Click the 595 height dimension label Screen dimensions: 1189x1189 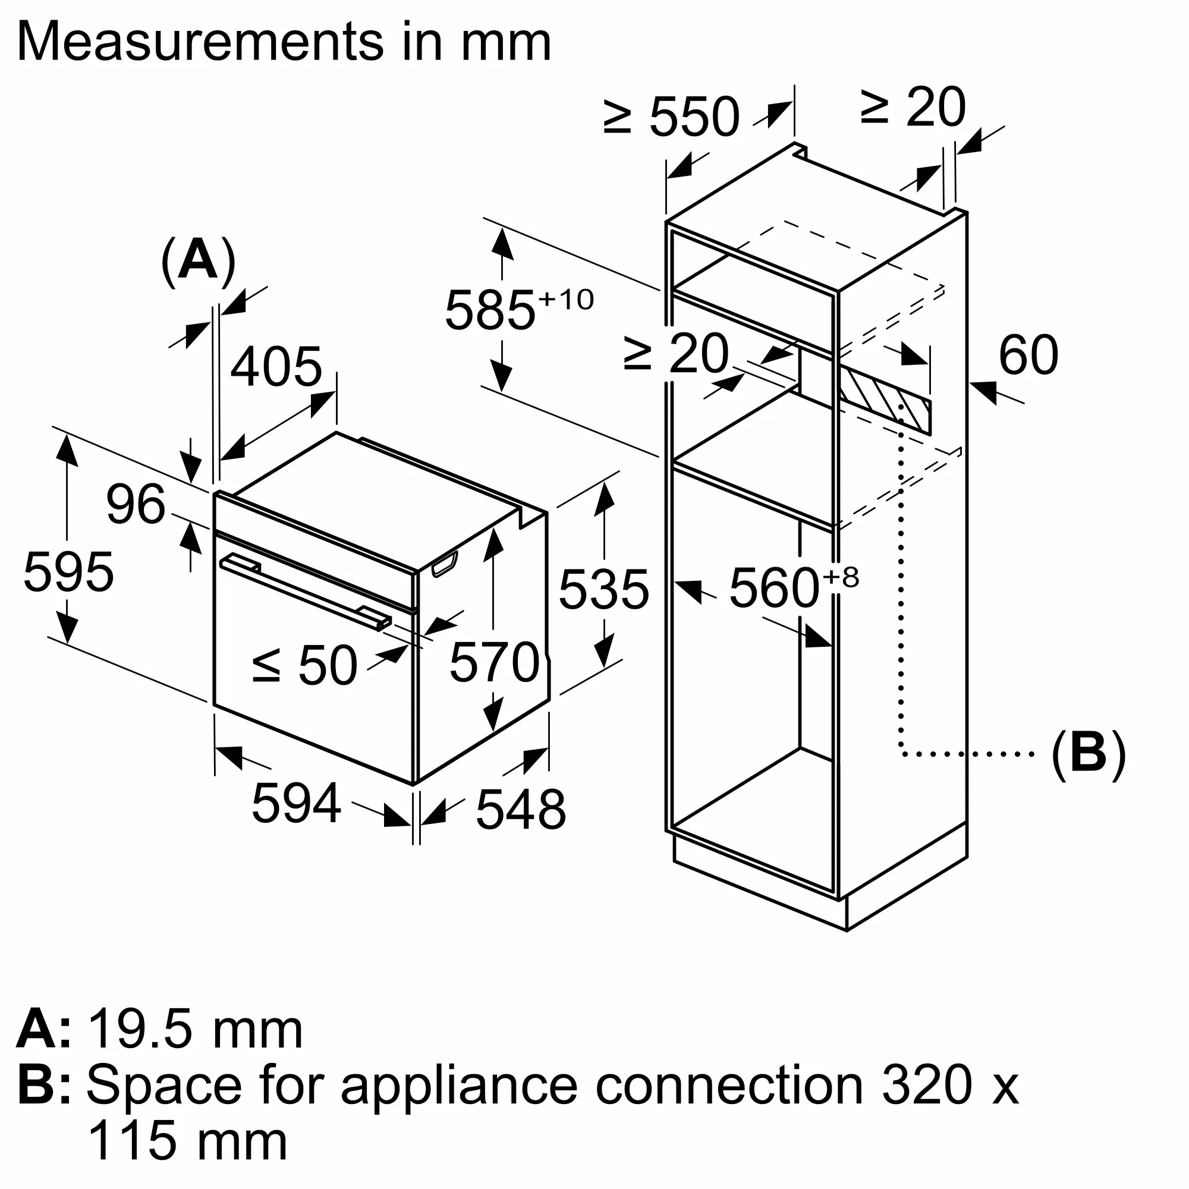pyautogui.click(x=68, y=573)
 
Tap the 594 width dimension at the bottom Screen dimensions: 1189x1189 pyautogui.click(x=296, y=803)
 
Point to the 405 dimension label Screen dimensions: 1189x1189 pyautogui.click(x=276, y=367)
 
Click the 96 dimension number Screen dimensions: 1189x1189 pyautogui.click(x=136, y=505)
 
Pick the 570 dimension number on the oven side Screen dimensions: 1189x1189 pyautogui.click(x=494, y=662)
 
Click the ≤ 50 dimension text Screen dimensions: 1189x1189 pyautogui.click(x=304, y=665)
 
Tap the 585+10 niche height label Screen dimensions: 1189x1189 pyautogui.click(x=517, y=310)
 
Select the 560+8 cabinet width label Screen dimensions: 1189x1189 pyautogui.click(x=792, y=588)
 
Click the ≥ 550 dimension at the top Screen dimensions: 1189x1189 pyautogui.click(x=671, y=117)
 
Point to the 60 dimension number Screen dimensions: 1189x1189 pyautogui.click(x=1028, y=355)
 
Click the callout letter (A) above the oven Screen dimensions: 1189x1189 pyautogui.click(x=198, y=261)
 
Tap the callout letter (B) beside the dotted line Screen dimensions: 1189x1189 pyautogui.click(x=1088, y=754)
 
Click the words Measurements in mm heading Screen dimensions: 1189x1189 pyautogui.click(x=284, y=42)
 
